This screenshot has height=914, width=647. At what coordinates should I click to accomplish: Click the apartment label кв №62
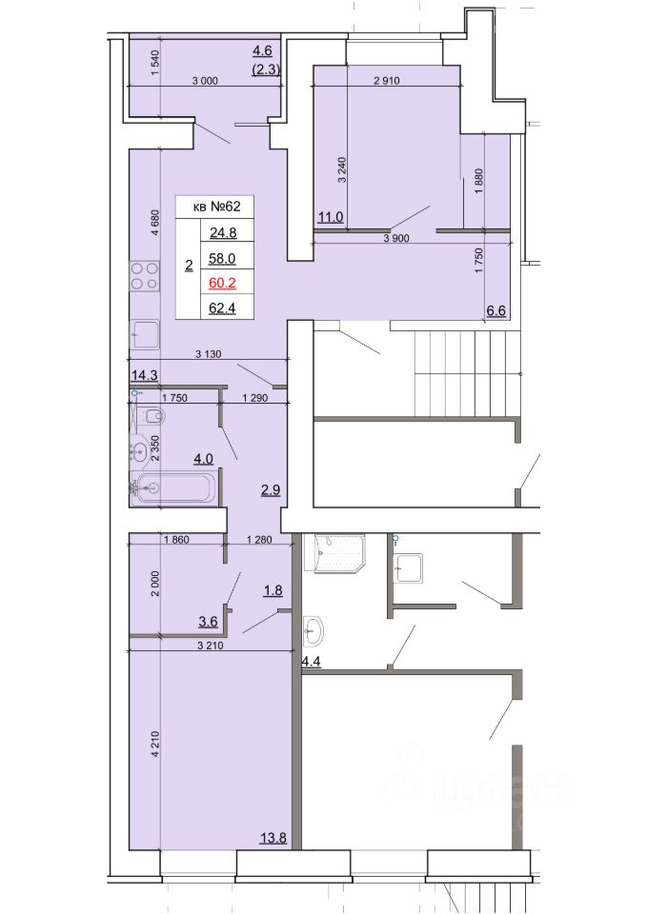coord(216,206)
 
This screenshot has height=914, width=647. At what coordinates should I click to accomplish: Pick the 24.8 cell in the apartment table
coord(223,233)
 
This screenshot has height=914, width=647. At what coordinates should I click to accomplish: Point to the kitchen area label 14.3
coord(144,375)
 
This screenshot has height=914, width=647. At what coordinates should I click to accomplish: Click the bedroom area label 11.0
coord(331,218)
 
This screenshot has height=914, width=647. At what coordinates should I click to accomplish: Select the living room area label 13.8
coord(273,839)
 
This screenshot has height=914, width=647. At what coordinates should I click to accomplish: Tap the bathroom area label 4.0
coord(203,459)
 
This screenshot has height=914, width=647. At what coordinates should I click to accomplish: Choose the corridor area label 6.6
coord(495,311)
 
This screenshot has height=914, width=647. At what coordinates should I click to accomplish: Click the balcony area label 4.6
coord(262,50)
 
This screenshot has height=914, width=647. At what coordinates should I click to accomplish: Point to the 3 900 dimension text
coord(396,238)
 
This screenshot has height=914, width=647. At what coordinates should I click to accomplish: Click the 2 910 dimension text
coord(387,81)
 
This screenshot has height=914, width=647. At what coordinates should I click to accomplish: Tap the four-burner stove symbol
coord(145,276)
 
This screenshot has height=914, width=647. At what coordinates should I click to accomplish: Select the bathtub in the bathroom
coord(173,487)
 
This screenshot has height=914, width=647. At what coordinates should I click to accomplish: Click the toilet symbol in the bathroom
coord(152,416)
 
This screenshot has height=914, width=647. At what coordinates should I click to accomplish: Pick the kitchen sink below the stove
coord(144,335)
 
